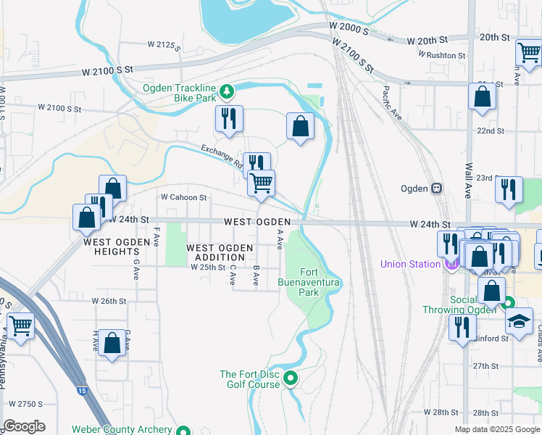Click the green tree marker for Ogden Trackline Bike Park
pyautogui.click(x=228, y=91)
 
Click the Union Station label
pyautogui.click(x=410, y=264)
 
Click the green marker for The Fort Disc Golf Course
pyautogui.click(x=291, y=378)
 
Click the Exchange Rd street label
pyautogui.click(x=222, y=154)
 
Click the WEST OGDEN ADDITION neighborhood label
pyautogui.click(x=220, y=253)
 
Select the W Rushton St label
pyautogui.click(x=442, y=55)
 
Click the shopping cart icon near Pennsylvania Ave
pyautogui.click(x=20, y=326)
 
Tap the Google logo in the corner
pyautogui.click(x=24, y=426)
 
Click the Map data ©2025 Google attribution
pyautogui.click(x=496, y=429)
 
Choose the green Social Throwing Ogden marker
pyautogui.click(x=509, y=303)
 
